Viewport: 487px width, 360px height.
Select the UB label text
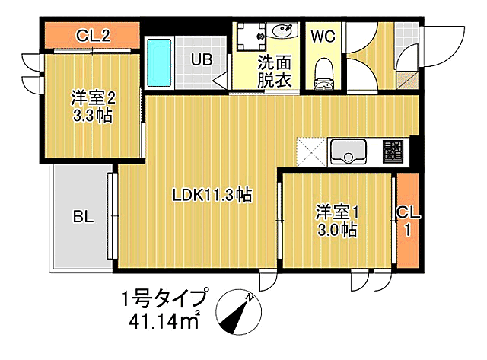pyautogui.click(x=202, y=58)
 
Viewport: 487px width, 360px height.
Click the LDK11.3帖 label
pyautogui.click(x=212, y=195)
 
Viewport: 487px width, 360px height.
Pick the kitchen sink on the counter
pyautogui.click(x=348, y=151)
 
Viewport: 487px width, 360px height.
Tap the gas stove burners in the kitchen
pyautogui.click(x=393, y=151)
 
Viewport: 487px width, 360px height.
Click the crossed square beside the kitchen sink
pyautogui.click(x=310, y=151)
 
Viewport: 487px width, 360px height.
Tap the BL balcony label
pyautogui.click(x=83, y=217)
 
